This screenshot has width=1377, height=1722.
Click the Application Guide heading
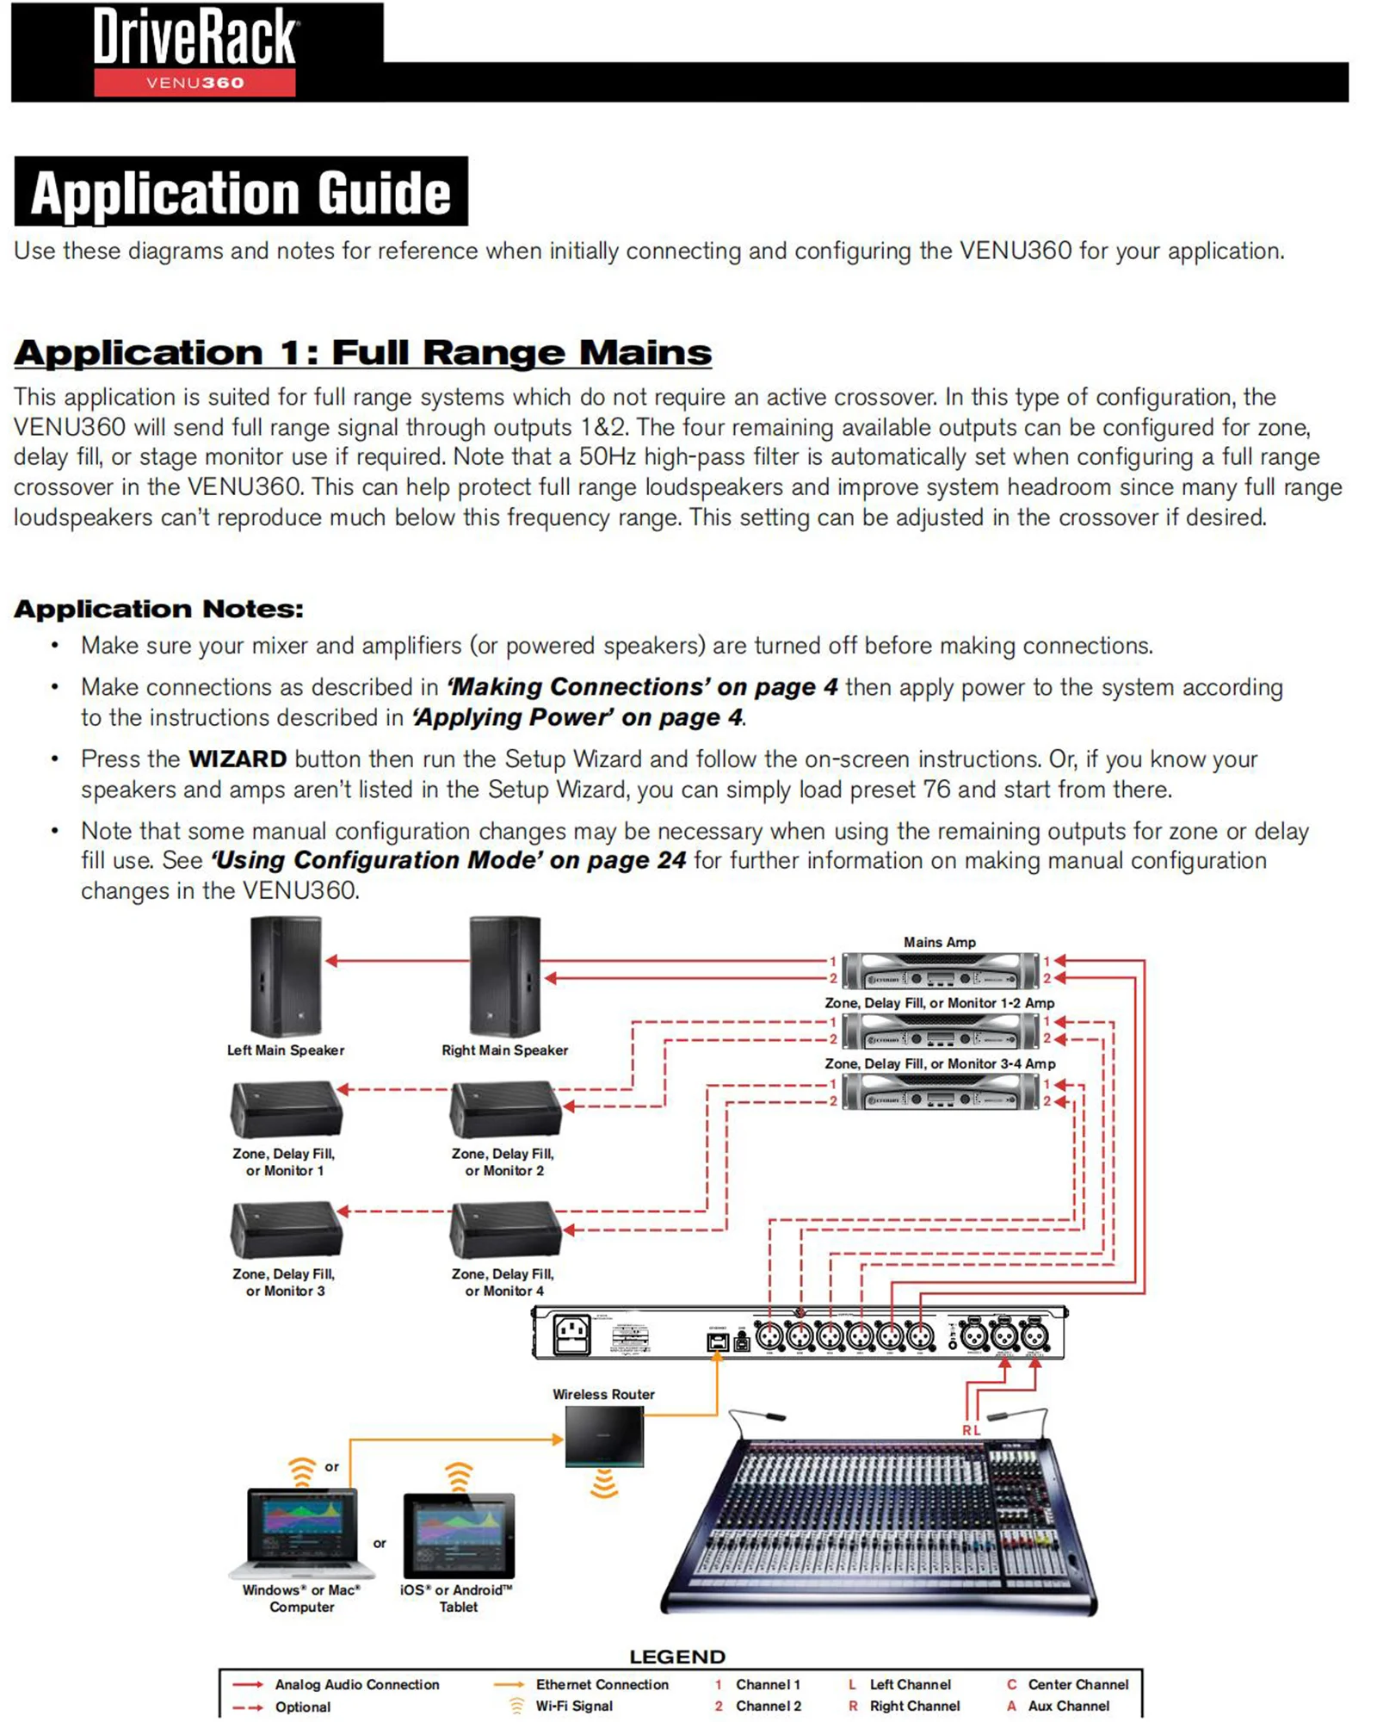pyautogui.click(x=240, y=192)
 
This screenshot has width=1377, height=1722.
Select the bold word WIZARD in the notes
pyautogui.click(x=237, y=759)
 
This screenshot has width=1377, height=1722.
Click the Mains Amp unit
pyautogui.click(x=940, y=970)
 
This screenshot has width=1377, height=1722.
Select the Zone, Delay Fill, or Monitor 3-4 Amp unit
pyautogui.click(x=940, y=1093)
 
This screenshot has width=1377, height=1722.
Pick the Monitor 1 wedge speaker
pyautogui.click(x=286, y=1110)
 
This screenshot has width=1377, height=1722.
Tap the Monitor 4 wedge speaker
pyautogui.click(x=504, y=1230)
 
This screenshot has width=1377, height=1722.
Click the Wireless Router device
pyautogui.click(x=604, y=1436)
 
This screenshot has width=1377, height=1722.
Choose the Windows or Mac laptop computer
pyautogui.click(x=301, y=1533)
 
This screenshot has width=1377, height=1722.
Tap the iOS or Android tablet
pyautogui.click(x=459, y=1535)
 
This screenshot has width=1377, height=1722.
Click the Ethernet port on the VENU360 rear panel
pyautogui.click(x=717, y=1341)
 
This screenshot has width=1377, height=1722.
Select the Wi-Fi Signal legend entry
pyautogui.click(x=573, y=1706)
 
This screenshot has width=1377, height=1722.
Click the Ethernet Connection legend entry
pyautogui.click(x=601, y=1684)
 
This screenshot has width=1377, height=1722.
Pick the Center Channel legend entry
pyautogui.click(x=1077, y=1684)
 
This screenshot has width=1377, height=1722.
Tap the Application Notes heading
pyautogui.click(x=158, y=609)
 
